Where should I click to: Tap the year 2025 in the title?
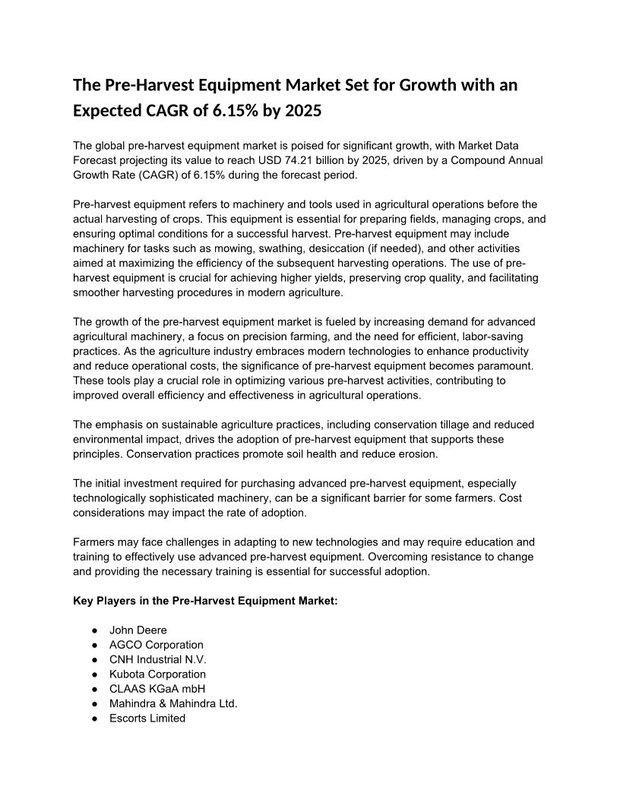tap(302, 111)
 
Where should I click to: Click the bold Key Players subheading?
tap(205, 601)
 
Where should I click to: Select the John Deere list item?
tap(138, 630)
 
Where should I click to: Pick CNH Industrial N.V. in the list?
tap(157, 659)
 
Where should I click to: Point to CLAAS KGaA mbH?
tap(157, 689)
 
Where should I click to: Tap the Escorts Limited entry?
tap(147, 718)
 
